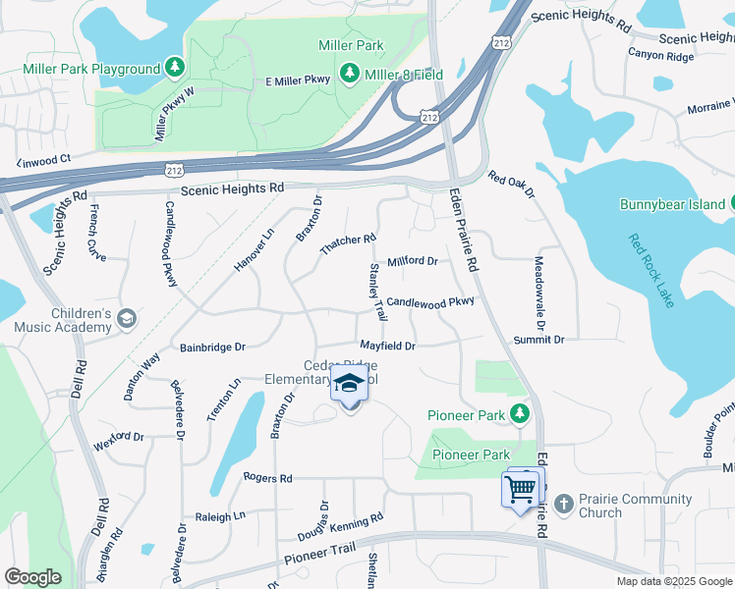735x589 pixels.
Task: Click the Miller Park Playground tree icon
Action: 175,68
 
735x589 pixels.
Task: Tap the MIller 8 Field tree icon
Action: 349,74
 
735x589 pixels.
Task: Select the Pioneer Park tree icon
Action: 520,415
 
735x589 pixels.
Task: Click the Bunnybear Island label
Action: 672,204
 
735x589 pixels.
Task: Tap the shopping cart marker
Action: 521,488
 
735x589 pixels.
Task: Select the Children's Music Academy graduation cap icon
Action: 127,318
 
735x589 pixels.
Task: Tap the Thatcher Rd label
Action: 349,245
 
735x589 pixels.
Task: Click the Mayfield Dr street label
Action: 387,346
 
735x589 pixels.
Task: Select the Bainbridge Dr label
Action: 212,348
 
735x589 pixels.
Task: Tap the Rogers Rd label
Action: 267,478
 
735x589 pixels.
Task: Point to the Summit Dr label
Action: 539,340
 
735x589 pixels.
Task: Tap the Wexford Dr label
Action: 119,436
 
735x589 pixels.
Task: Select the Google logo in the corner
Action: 32,577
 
